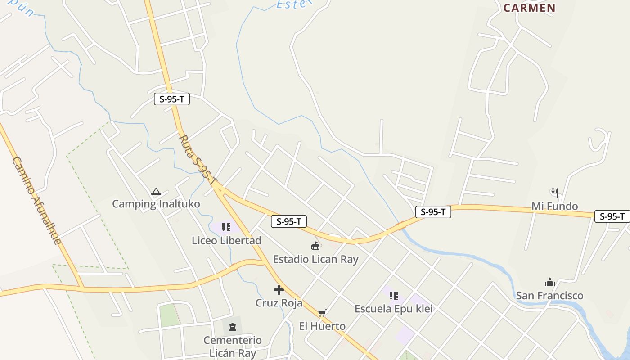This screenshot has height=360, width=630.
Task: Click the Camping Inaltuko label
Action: (156, 204)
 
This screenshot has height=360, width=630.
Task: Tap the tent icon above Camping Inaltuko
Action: (156, 192)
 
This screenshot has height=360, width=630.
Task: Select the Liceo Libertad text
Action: (226, 240)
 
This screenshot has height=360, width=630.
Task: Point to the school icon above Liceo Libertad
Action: (226, 227)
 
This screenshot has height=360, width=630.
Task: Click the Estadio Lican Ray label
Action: (315, 259)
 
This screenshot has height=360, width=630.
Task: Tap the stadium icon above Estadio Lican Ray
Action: (315, 246)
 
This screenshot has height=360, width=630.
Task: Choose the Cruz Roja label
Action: (279, 303)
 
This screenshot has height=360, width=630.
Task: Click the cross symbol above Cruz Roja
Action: (279, 290)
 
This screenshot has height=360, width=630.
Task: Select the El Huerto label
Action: (322, 326)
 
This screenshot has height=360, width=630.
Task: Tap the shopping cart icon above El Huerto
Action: (322, 313)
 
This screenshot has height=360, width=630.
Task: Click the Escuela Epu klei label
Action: (393, 309)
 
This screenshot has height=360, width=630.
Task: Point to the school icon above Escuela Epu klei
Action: (394, 296)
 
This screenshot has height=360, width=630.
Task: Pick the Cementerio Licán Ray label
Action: (233, 346)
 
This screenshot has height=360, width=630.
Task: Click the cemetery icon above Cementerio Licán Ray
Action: (233, 327)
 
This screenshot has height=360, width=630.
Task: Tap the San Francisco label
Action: (549, 296)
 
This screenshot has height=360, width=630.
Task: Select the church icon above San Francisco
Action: (549, 283)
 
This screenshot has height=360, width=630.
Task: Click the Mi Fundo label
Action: (554, 206)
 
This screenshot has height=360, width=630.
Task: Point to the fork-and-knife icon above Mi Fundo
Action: (555, 193)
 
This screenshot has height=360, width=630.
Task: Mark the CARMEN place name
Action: (529, 8)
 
